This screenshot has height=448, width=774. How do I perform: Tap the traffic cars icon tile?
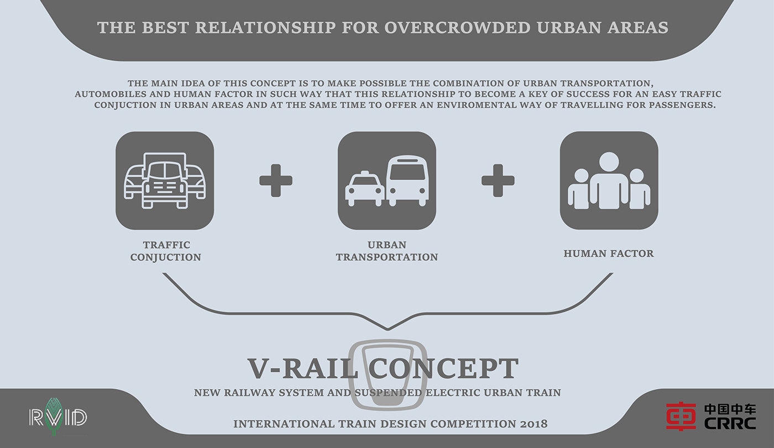(x=165, y=181)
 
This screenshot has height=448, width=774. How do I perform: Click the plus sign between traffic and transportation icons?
(x=276, y=180)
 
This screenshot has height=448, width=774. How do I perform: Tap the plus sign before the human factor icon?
(x=498, y=180)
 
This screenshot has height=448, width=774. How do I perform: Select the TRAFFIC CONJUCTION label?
(x=165, y=251)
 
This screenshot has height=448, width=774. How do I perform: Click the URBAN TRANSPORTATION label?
(x=387, y=251)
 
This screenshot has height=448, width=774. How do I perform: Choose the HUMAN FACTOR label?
(x=609, y=254)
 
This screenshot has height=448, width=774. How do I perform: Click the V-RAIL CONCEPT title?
(x=383, y=369)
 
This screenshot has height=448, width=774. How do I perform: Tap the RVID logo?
(x=58, y=417)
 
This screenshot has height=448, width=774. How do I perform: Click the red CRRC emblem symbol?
(x=681, y=416)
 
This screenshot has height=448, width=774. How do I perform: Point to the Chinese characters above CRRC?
(x=730, y=409)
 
